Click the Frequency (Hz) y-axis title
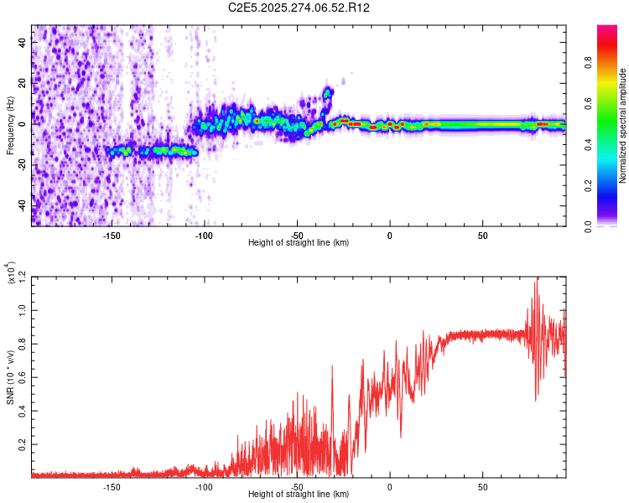click(x=11, y=126)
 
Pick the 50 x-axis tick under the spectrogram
click(x=482, y=235)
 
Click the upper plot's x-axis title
click(x=299, y=243)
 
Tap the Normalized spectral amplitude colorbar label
click(x=621, y=126)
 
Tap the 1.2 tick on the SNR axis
click(x=22, y=276)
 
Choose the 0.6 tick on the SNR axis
click(x=22, y=377)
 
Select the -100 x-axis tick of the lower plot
click(x=204, y=486)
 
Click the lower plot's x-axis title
click(x=299, y=495)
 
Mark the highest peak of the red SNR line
click(x=537, y=278)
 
